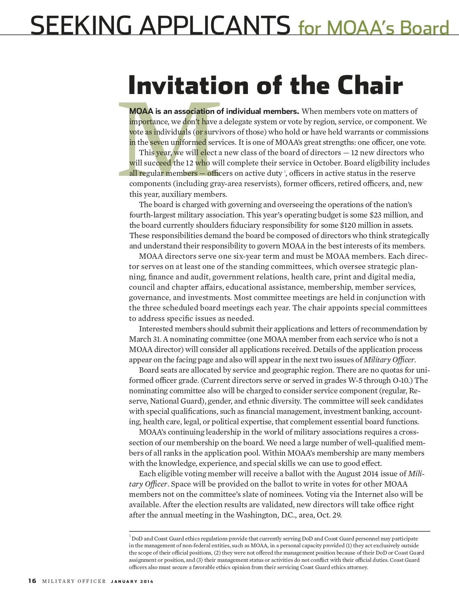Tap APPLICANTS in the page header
click(x=215, y=25)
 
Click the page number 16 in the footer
click(x=32, y=581)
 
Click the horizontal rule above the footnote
click(x=279, y=531)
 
